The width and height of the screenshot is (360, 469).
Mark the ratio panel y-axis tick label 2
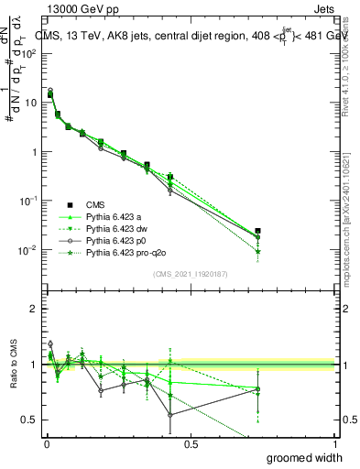[34, 309]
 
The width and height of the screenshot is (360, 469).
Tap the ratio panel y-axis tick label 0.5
[30, 420]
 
